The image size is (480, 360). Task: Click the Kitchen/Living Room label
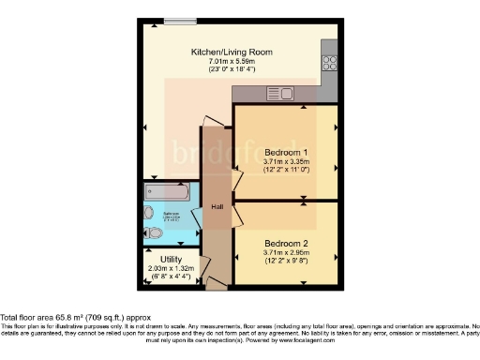(x=232, y=52)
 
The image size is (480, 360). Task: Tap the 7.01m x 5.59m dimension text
(x=232, y=61)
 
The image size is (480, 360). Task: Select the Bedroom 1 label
(x=286, y=152)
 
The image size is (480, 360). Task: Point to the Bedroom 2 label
(x=286, y=244)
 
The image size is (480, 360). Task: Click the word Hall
(x=217, y=206)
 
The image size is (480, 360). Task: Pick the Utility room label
(x=170, y=259)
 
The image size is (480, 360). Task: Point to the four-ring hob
(x=330, y=64)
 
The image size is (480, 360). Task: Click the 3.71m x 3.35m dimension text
(x=286, y=161)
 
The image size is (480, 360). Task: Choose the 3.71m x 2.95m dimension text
(x=286, y=253)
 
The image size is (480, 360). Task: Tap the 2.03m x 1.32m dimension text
(x=170, y=268)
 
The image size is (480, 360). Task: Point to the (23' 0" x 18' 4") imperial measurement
(x=232, y=69)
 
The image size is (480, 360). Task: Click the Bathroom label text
(x=172, y=215)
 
